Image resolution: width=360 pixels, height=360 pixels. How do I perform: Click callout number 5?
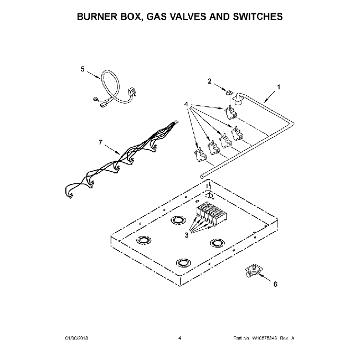point(83,69)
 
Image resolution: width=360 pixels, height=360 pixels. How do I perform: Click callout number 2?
point(209,81)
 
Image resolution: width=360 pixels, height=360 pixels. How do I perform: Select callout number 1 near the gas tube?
point(279,87)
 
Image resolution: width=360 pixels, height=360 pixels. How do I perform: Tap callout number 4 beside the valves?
point(187,104)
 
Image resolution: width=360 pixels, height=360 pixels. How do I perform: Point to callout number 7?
point(101,142)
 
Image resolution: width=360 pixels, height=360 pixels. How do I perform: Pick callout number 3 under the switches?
point(187,235)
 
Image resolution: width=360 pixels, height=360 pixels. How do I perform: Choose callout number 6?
point(275,284)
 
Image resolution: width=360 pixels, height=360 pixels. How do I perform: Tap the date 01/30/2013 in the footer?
point(76,337)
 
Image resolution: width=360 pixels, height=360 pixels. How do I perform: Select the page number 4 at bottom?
point(180,337)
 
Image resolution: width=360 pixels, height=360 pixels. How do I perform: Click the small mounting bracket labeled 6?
point(255,270)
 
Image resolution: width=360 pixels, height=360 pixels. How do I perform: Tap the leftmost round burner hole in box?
point(143,240)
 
